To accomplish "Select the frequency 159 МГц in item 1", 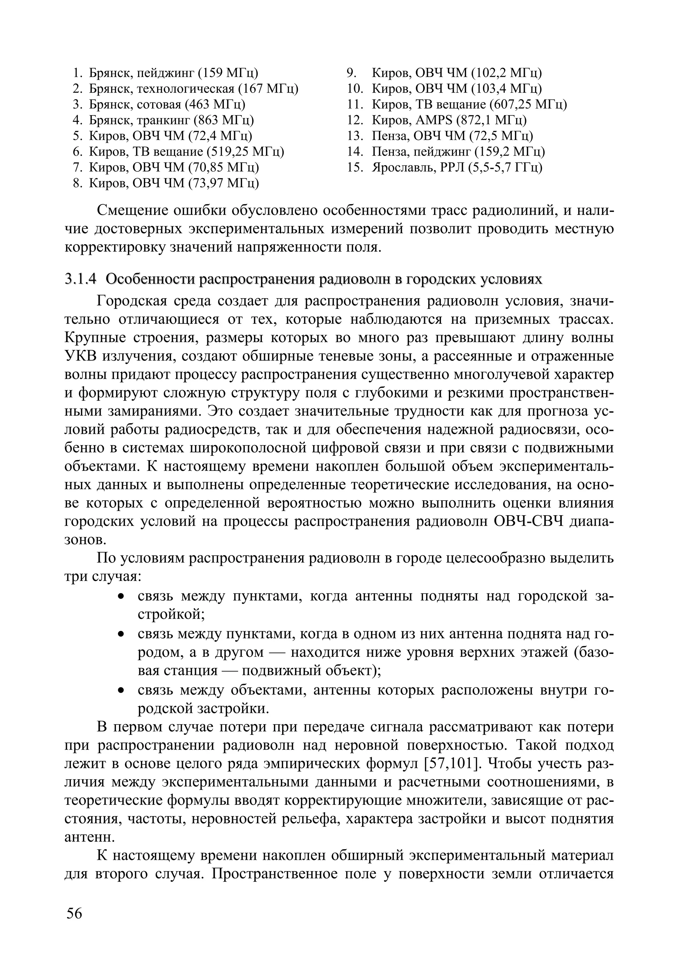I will (x=227, y=73).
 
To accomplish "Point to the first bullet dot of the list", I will (x=121, y=596).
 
